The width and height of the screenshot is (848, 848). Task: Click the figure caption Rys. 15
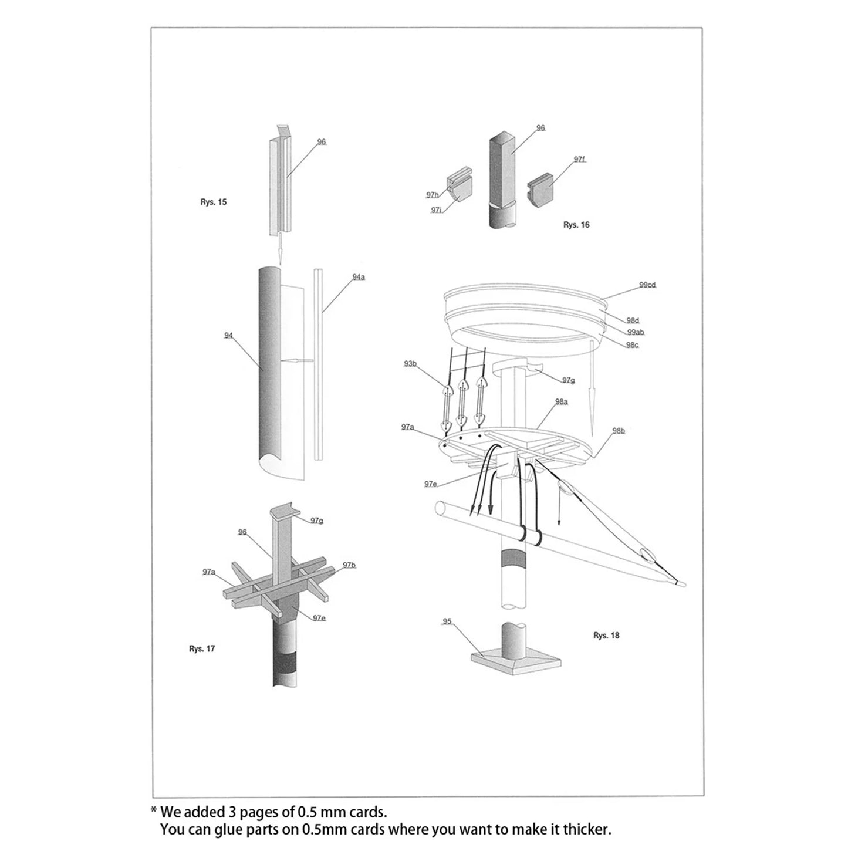[x=213, y=202]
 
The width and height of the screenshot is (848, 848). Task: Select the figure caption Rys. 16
[x=576, y=225]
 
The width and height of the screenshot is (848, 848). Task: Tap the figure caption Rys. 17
[x=202, y=648]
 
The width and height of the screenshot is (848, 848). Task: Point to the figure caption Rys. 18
[x=606, y=635]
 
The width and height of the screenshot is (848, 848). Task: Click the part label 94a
[x=358, y=276]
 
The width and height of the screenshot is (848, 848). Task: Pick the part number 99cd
[x=647, y=285]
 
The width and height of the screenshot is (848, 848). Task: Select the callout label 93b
[x=410, y=364]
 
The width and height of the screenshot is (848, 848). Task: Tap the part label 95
[x=447, y=621]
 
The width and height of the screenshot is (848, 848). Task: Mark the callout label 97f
[x=579, y=159]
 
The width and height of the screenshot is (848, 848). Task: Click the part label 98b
[x=619, y=431]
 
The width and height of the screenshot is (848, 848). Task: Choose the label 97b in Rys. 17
[x=349, y=565]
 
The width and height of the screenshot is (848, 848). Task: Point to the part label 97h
[x=433, y=194]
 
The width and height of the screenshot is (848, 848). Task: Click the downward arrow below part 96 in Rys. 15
[x=281, y=249]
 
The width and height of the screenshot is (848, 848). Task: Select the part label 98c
[x=631, y=345]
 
